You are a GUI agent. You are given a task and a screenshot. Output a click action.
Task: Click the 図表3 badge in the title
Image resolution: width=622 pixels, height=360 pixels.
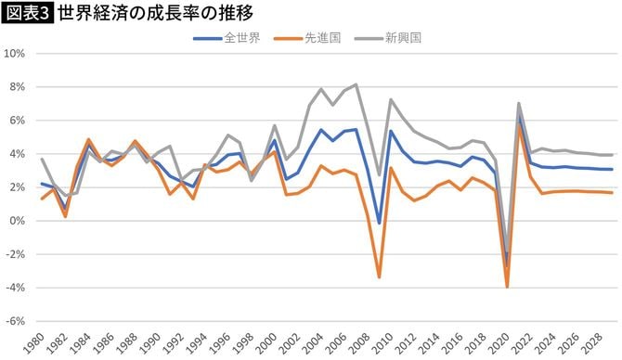coord(27,14)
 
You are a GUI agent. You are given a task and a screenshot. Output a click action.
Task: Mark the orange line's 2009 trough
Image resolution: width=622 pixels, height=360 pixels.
coord(380,277)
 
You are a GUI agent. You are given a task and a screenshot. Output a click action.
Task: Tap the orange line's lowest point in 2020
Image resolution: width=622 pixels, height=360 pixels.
coord(508,287)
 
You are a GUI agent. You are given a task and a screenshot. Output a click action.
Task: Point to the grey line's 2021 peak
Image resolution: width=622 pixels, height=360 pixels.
coord(519,103)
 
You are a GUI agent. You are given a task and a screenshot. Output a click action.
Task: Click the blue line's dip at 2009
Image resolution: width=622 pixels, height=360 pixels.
coord(380,224)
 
